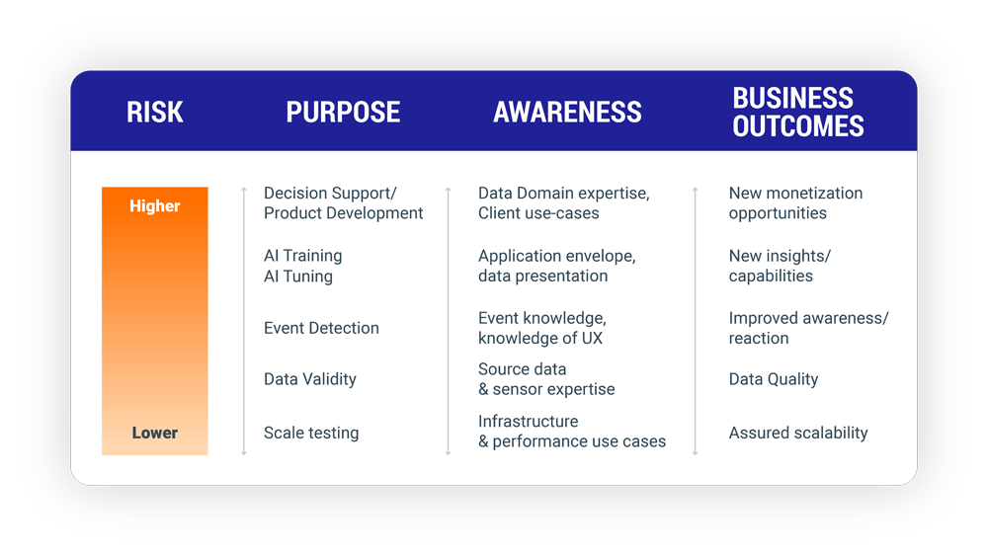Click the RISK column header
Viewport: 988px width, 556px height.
[x=155, y=112]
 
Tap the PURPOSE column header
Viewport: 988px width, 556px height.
[x=343, y=112]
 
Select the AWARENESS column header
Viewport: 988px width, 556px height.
[x=567, y=112]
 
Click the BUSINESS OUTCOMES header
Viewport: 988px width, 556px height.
[x=798, y=112]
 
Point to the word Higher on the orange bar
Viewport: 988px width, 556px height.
[x=155, y=206]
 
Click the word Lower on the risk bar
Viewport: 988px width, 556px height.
[x=155, y=433]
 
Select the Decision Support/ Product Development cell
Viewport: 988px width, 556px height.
[x=343, y=203]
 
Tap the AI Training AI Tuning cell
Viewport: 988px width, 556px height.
[x=302, y=266]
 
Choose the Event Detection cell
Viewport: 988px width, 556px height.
[x=321, y=328]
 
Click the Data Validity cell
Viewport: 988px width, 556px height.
[x=309, y=379]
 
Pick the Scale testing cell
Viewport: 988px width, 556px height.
[x=311, y=433]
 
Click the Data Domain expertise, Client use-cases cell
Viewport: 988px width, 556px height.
[x=563, y=203]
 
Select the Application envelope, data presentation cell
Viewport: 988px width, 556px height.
[x=556, y=266]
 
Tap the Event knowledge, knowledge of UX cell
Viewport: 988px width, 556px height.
[x=541, y=328]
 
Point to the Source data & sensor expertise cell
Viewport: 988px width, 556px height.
[x=545, y=379]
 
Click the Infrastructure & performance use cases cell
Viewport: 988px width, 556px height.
[x=571, y=432]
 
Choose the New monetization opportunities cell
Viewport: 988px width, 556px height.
[x=795, y=203]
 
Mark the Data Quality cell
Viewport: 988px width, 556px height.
[x=774, y=379]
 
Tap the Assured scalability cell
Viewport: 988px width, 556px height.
[x=798, y=433]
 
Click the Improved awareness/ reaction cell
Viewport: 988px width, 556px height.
[x=808, y=328]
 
